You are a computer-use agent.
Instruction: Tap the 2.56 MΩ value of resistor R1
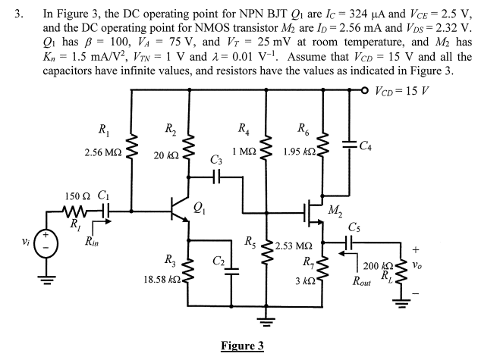coord(102,152)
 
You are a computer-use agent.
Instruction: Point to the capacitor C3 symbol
coord(217,177)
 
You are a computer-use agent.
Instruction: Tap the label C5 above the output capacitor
coord(354,227)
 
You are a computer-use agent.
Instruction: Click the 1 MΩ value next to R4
coord(244,151)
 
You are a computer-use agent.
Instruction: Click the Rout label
coord(361,280)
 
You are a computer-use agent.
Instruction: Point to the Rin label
coord(92,242)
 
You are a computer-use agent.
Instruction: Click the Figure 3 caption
coord(242,346)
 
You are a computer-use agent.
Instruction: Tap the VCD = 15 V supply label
coord(402,90)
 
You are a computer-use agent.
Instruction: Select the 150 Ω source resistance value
coord(78,196)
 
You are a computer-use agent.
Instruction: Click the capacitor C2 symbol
coord(231,271)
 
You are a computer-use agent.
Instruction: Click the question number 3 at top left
coord(18,14)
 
